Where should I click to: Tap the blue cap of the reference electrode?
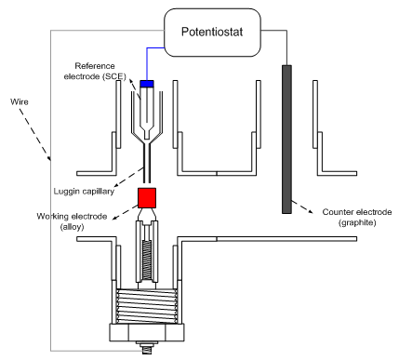pos(147,85)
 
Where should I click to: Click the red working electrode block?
pos(147,196)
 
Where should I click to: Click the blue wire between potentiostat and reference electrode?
pos(147,56)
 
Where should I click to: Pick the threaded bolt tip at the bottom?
pos(146,351)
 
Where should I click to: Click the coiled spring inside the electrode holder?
pos(147,256)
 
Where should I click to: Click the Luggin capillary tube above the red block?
pos(147,167)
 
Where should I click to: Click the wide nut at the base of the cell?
pos(147,333)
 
